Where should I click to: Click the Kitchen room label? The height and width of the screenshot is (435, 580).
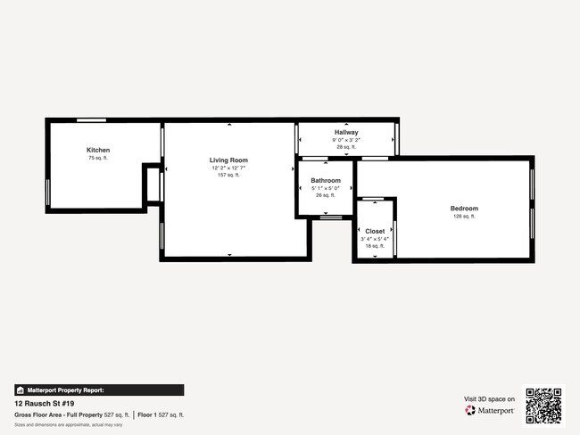(x=98, y=150)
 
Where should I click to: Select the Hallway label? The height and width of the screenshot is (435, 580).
(x=346, y=132)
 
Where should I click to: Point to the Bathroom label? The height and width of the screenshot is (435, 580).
(x=326, y=180)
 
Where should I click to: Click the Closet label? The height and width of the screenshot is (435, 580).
(x=375, y=231)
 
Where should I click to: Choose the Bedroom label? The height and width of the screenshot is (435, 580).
(x=464, y=209)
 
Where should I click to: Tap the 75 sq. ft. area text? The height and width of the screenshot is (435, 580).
(x=98, y=158)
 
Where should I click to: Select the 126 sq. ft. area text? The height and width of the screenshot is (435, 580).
(x=464, y=217)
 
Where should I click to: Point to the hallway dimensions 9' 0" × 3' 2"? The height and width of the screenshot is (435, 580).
(x=346, y=140)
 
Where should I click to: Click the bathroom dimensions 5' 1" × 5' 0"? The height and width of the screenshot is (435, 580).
(x=326, y=188)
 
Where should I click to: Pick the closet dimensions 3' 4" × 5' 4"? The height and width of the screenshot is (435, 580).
(x=375, y=239)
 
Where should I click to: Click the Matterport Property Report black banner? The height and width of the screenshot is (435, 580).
(x=99, y=390)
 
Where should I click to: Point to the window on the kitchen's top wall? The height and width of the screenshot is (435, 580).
(x=91, y=120)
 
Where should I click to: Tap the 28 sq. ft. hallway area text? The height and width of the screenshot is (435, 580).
(x=346, y=147)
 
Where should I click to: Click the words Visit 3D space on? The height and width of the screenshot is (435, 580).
(x=489, y=398)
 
